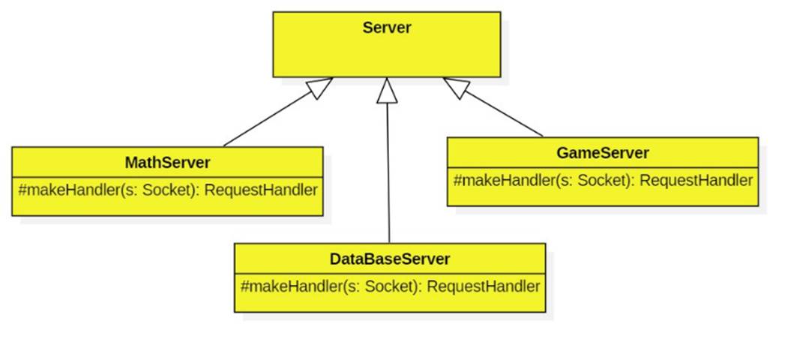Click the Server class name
pyautogui.click(x=386, y=28)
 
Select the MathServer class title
pyautogui.click(x=167, y=163)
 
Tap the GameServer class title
pyautogui.click(x=603, y=153)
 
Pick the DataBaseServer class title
pyautogui.click(x=390, y=259)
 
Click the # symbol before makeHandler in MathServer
pyautogui.click(x=22, y=189)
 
